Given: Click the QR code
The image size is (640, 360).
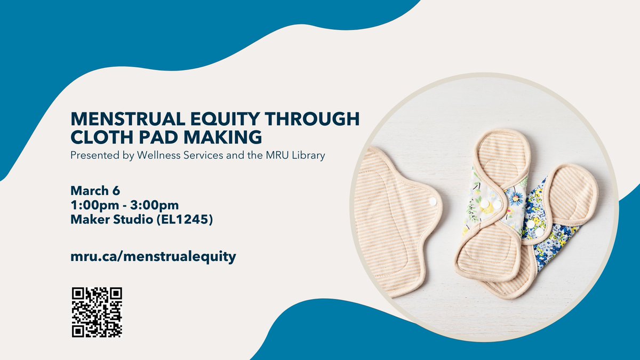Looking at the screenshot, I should [97, 313].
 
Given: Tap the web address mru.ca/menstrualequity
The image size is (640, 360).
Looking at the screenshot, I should [153, 257].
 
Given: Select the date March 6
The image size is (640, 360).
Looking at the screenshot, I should [94, 190].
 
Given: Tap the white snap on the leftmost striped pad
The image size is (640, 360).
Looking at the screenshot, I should [433, 201].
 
